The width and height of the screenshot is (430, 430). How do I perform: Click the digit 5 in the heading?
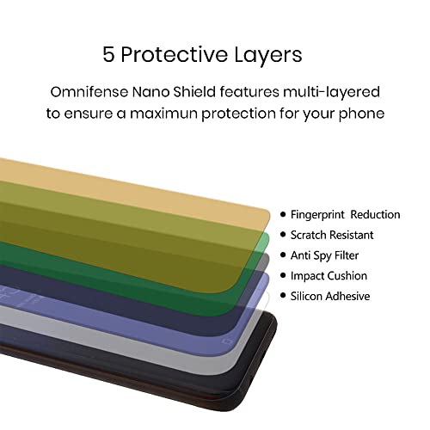[108, 54]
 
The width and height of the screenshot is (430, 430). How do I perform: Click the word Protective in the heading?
[174, 54]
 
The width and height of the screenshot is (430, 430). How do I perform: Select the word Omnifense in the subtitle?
[89, 92]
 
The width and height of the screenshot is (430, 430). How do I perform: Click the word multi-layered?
[331, 93]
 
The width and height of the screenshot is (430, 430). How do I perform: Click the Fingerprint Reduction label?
[345, 215]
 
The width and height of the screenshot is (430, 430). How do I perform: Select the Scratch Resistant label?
[332, 235]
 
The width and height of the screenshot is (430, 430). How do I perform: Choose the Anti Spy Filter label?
[324, 255]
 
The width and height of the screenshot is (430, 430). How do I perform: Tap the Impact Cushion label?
[329, 276]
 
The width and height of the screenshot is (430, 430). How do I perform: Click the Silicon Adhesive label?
[330, 296]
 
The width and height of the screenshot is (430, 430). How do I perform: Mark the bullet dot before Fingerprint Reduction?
[283, 214]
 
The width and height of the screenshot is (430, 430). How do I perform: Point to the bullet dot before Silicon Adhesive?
[283, 296]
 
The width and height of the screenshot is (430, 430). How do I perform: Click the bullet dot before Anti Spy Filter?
[283, 255]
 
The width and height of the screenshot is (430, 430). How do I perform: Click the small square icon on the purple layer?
[227, 341]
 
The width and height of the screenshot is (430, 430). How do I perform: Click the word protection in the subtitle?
[238, 114]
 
